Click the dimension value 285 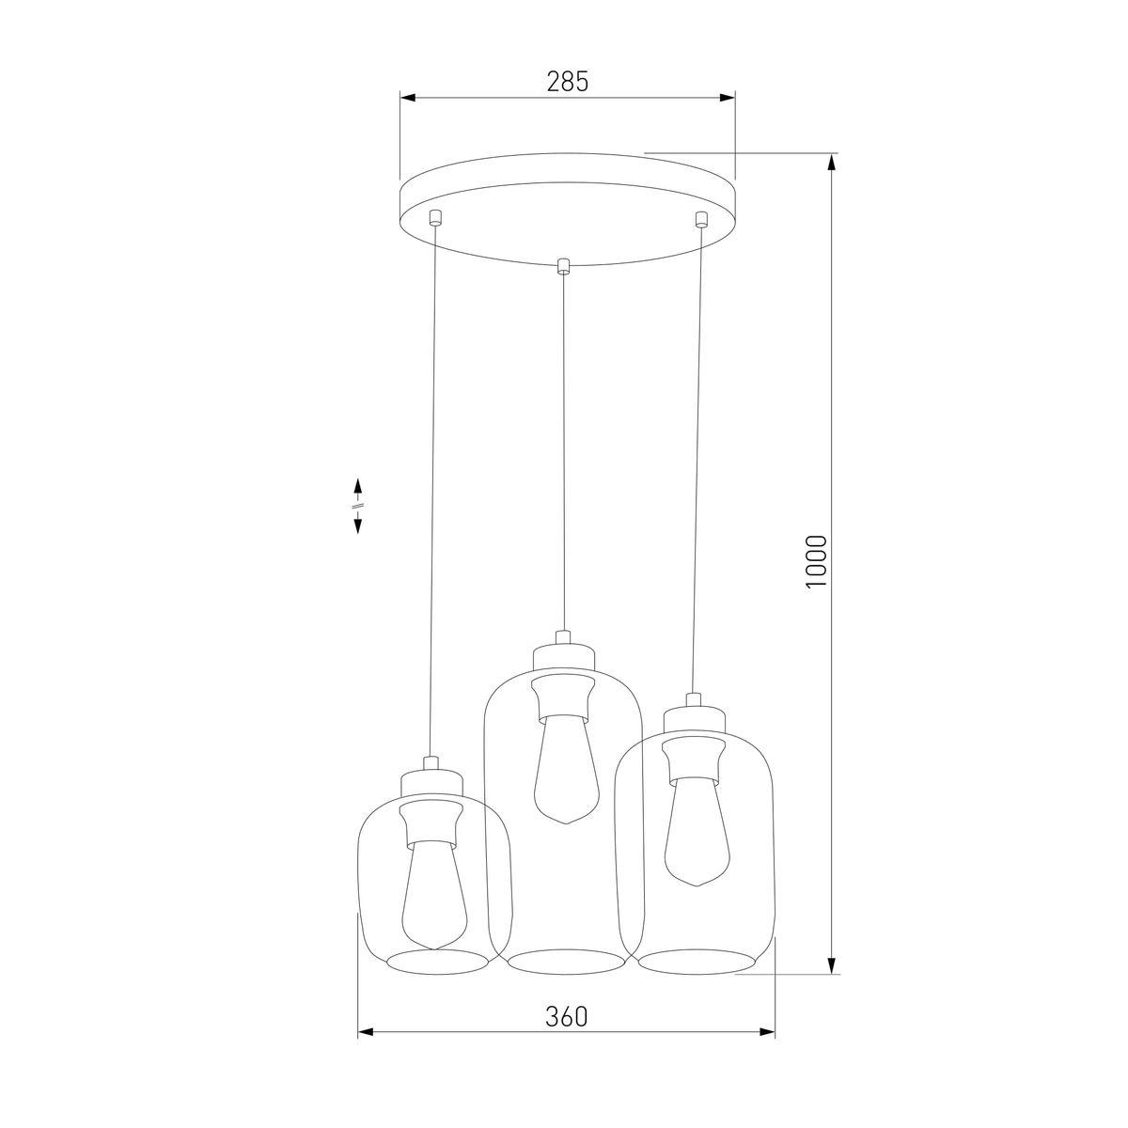(x=567, y=82)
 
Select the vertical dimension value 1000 (x=815, y=562)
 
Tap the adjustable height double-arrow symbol (x=358, y=506)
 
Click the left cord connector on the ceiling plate (x=433, y=219)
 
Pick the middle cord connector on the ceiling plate (x=563, y=266)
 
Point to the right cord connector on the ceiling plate (x=699, y=220)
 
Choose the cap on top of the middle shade (x=563, y=655)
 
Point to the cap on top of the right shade (x=694, y=720)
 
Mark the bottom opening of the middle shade (x=566, y=962)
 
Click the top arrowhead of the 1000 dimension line (x=832, y=163)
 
